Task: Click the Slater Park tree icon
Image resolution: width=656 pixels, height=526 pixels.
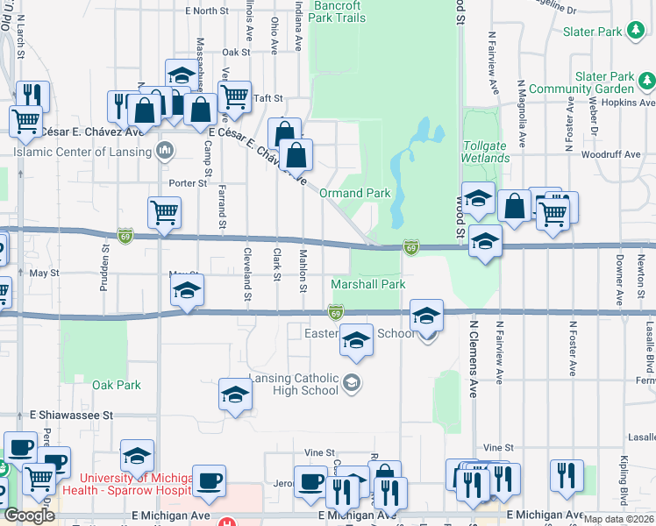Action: pos(638,32)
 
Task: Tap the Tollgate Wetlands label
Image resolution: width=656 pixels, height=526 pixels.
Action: pos(486,152)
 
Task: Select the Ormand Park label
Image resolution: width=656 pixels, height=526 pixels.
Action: pos(354,193)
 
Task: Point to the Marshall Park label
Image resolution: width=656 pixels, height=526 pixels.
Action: pos(368,285)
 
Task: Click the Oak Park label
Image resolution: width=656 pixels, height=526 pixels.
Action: pos(117,385)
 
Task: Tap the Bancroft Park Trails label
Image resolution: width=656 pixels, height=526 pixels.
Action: pos(338,11)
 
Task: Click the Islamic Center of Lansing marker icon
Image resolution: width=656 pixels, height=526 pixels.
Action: pos(165,151)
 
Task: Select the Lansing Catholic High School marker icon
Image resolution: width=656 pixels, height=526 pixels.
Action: pos(352,380)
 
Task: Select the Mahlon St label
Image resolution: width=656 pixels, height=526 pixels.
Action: pos(303,269)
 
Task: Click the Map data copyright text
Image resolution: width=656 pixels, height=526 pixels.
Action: pos(617,519)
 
